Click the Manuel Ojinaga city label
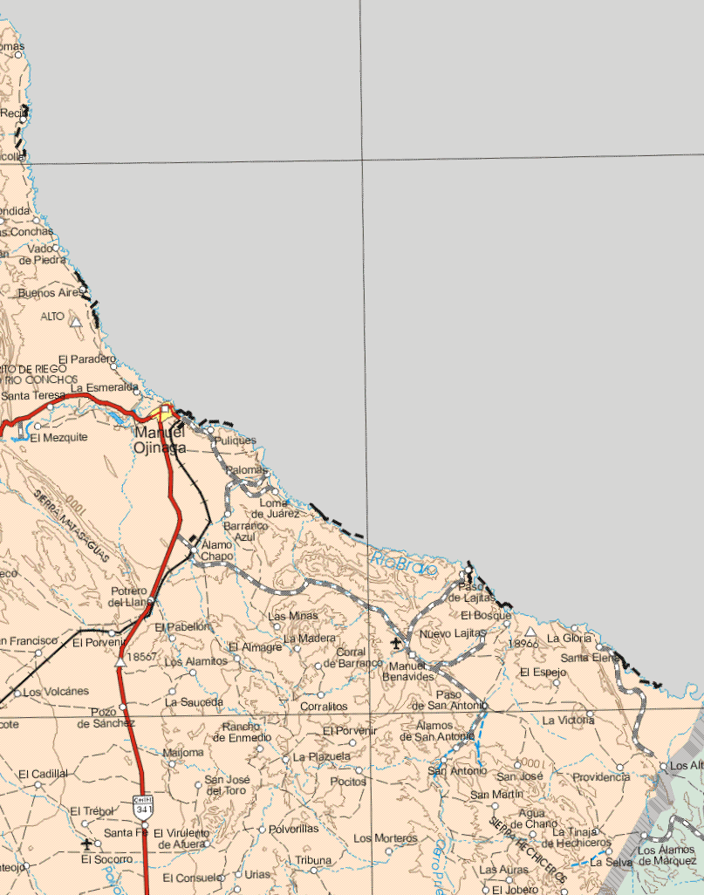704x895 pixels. (160, 440)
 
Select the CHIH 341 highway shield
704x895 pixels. (143, 806)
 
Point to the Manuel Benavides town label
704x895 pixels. (407, 670)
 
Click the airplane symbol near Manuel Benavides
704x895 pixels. (398, 644)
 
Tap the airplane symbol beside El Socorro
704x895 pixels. (85, 844)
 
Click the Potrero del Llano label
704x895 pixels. (128, 596)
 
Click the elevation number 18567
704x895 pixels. (141, 656)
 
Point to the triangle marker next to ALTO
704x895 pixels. (76, 322)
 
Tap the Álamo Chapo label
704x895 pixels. (216, 550)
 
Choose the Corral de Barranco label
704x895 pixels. (351, 658)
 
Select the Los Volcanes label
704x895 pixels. (56, 692)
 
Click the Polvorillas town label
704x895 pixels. (294, 828)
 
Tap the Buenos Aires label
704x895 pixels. (48, 293)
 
